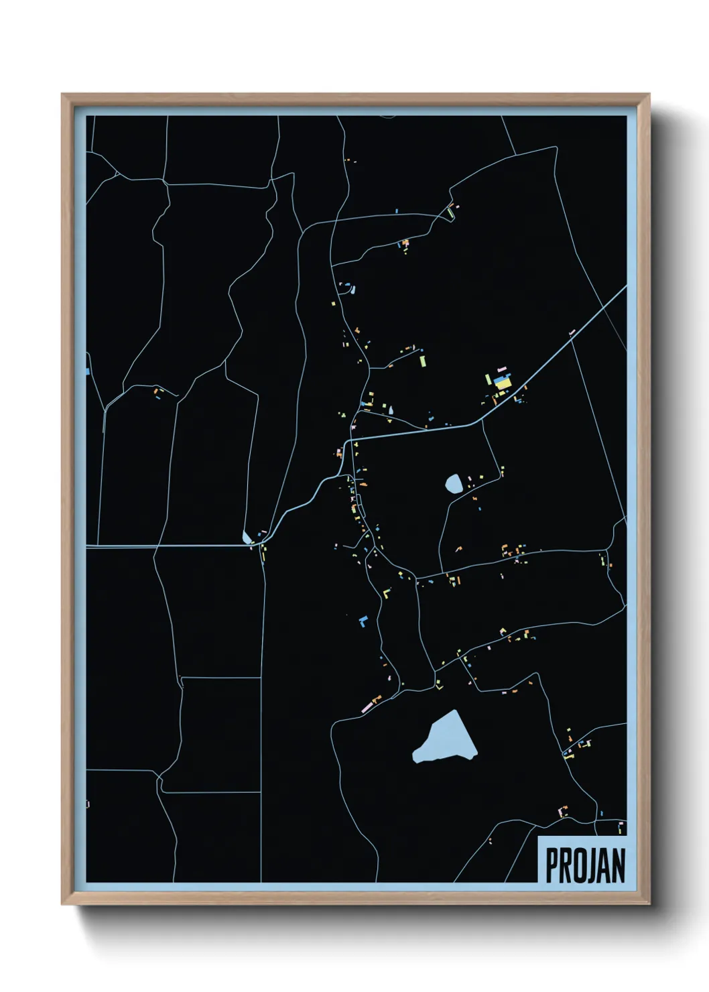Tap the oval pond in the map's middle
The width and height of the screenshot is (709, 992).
tap(454, 483)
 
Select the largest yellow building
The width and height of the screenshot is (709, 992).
tap(503, 385)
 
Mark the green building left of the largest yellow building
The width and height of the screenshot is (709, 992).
tap(489, 379)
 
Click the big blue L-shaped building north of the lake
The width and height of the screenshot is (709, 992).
tap(363, 620)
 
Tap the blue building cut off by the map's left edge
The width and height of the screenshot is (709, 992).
tap(88, 371)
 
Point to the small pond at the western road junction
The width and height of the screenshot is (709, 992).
tap(247, 538)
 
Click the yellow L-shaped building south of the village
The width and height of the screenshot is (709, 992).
tap(386, 593)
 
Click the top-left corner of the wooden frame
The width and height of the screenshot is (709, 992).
tap(62, 95)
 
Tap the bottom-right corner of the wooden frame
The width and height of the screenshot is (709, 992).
tap(649, 904)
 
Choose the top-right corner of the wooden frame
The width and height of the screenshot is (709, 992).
tap(649, 95)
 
